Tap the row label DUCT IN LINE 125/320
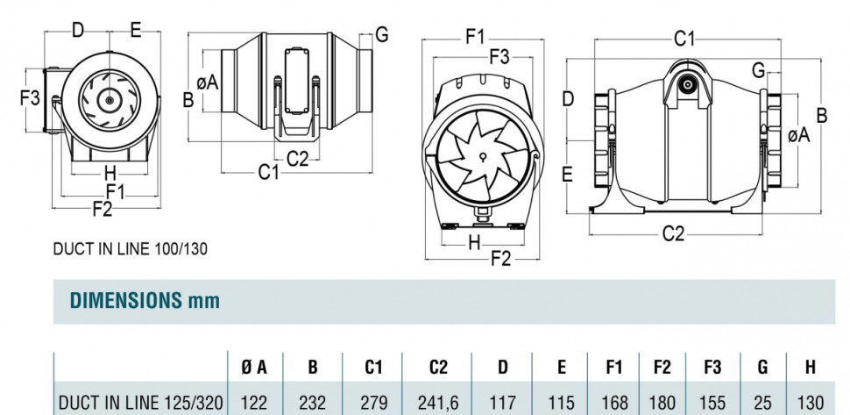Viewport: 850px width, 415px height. tap(140, 403)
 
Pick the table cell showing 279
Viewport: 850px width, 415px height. tap(374, 403)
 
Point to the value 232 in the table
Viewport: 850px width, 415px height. tap(313, 403)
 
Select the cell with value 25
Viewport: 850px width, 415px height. tap(763, 403)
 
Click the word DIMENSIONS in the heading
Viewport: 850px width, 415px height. tap(125, 301)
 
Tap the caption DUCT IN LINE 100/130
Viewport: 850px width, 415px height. tap(131, 248)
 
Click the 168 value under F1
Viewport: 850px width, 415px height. tap(615, 403)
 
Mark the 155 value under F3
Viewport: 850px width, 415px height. tap(712, 403)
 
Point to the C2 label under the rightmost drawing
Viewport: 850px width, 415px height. tap(673, 233)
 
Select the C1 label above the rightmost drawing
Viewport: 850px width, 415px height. tap(684, 39)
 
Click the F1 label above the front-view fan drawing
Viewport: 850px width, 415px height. tap(476, 37)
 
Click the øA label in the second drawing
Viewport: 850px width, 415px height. tap(208, 82)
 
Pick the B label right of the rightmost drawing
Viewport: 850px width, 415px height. tap(822, 115)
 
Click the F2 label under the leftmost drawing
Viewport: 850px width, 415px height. tap(103, 209)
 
